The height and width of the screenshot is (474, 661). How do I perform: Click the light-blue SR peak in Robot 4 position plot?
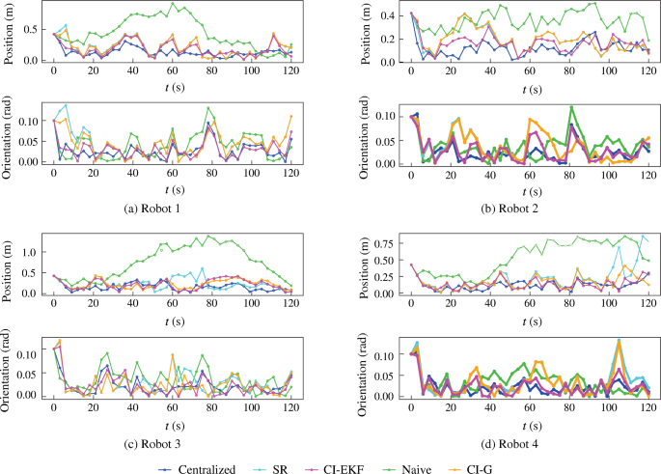coord(643,235)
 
